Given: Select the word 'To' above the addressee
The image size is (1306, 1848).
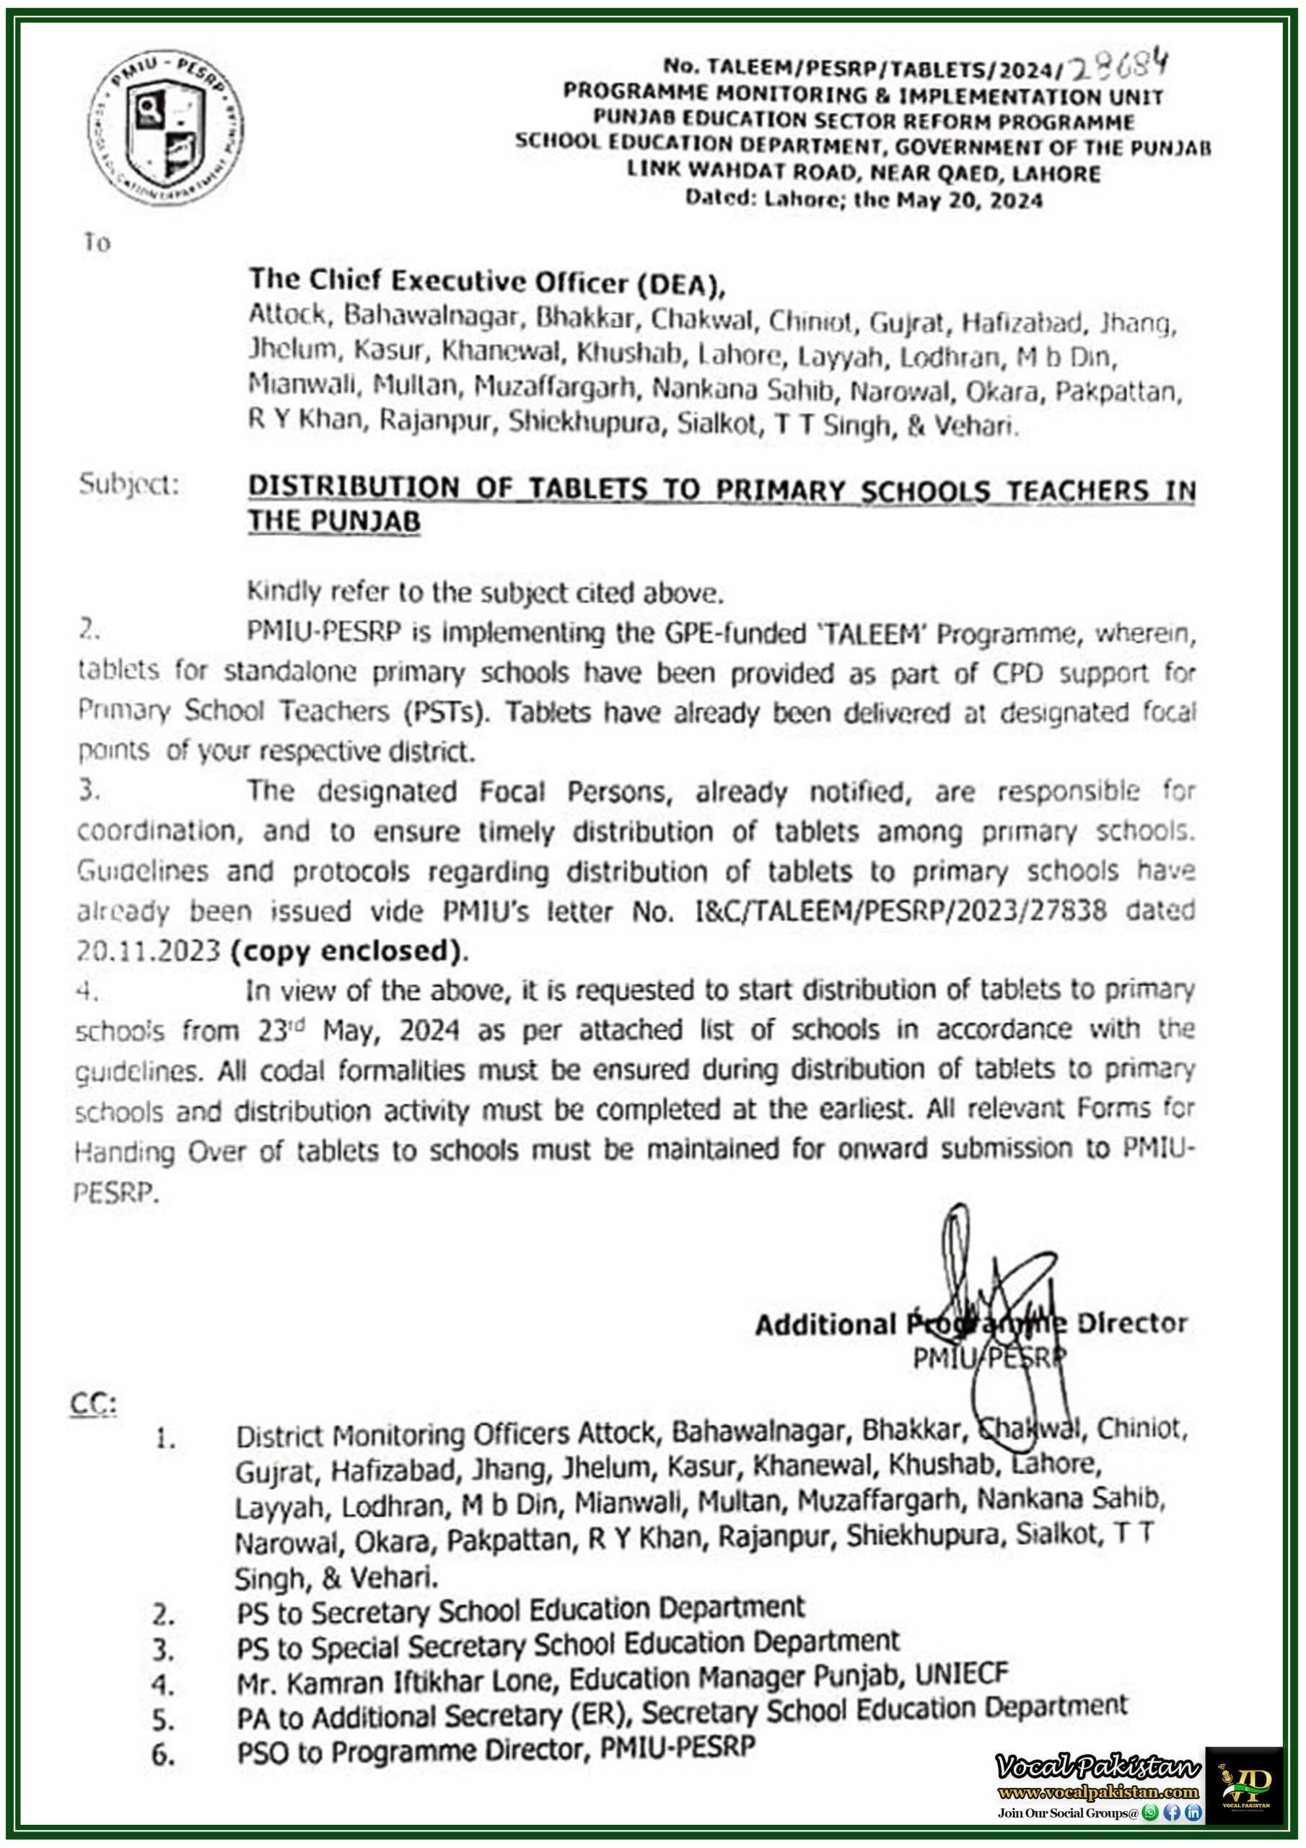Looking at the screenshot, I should (97, 243).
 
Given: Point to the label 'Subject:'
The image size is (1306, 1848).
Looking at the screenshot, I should (128, 484).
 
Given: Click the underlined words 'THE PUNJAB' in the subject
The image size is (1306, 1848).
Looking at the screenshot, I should (334, 522).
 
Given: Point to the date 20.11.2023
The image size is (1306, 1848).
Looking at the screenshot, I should (148, 951).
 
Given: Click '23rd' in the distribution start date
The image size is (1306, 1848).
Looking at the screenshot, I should (281, 1031).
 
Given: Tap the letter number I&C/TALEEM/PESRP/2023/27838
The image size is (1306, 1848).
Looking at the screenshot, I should (900, 911).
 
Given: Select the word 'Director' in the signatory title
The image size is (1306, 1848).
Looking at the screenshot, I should (1131, 1323).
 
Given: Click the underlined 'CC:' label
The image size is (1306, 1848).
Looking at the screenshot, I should (93, 1405).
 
